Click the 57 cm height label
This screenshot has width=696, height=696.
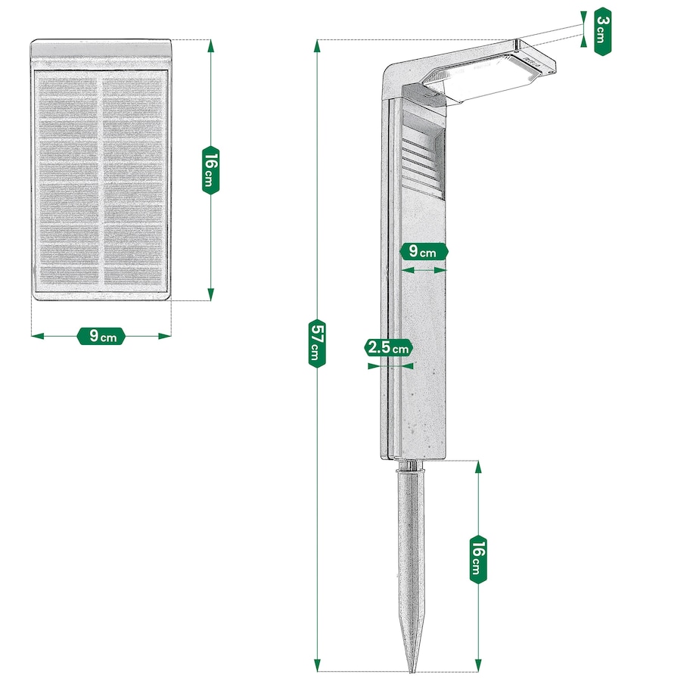pyautogui.click(x=316, y=343)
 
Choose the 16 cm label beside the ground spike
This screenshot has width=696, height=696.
pyautogui.click(x=478, y=558)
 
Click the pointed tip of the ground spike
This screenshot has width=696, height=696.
pyautogui.click(x=412, y=669)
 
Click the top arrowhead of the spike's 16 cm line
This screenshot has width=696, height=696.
pyautogui.click(x=478, y=465)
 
